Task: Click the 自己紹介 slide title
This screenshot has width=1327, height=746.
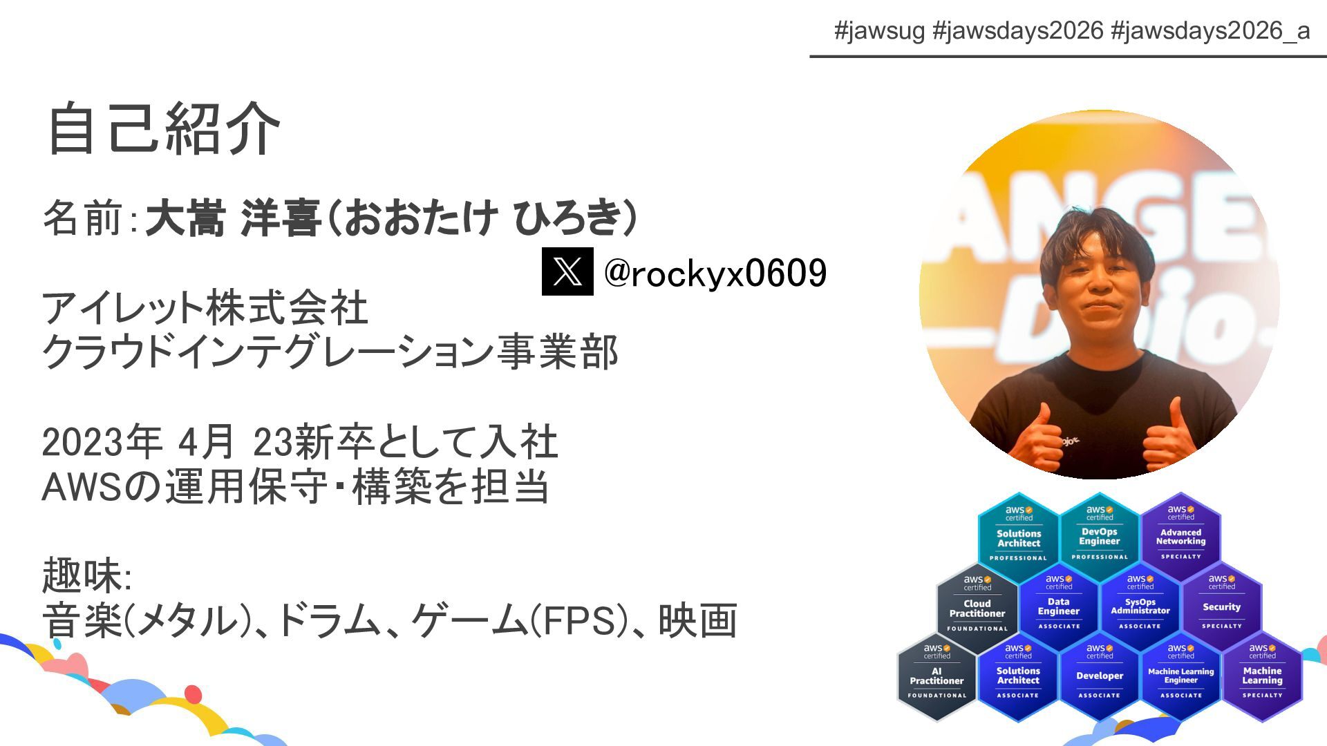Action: pos(163,129)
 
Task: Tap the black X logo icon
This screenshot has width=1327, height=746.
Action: pos(567,271)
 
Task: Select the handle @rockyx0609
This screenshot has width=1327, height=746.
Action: pos(715,273)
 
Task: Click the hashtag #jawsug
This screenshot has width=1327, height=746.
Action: pos(879,30)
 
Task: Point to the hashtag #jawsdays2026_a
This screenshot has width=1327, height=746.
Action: pos(1210,30)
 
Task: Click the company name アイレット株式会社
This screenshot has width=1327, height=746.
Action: pos(205,308)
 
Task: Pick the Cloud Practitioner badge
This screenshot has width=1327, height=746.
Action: pos(977,606)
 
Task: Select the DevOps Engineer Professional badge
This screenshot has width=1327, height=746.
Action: pos(1100,535)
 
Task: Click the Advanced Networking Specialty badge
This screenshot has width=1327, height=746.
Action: pos(1180,535)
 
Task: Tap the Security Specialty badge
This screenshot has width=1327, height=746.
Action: pos(1221,606)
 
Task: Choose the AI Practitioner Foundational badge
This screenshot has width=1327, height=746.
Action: pos(937,675)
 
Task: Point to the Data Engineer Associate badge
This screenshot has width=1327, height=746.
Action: pos(1059,606)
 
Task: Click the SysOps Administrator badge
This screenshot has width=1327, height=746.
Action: pos(1140,606)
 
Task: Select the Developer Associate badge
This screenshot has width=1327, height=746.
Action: pos(1100,675)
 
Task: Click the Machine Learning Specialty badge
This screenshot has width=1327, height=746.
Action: pos(1262,675)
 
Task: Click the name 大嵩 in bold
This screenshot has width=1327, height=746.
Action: pos(185,218)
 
